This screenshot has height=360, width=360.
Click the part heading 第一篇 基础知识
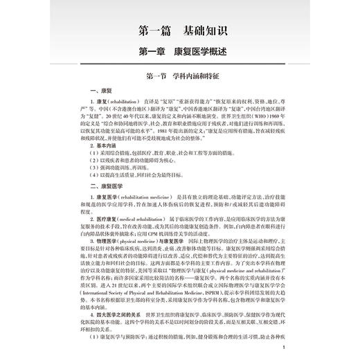click(179, 31)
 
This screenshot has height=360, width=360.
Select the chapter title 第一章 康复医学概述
click(179, 52)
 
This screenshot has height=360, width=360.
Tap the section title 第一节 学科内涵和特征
click(179, 75)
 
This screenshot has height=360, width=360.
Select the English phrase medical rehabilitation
click(143, 219)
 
